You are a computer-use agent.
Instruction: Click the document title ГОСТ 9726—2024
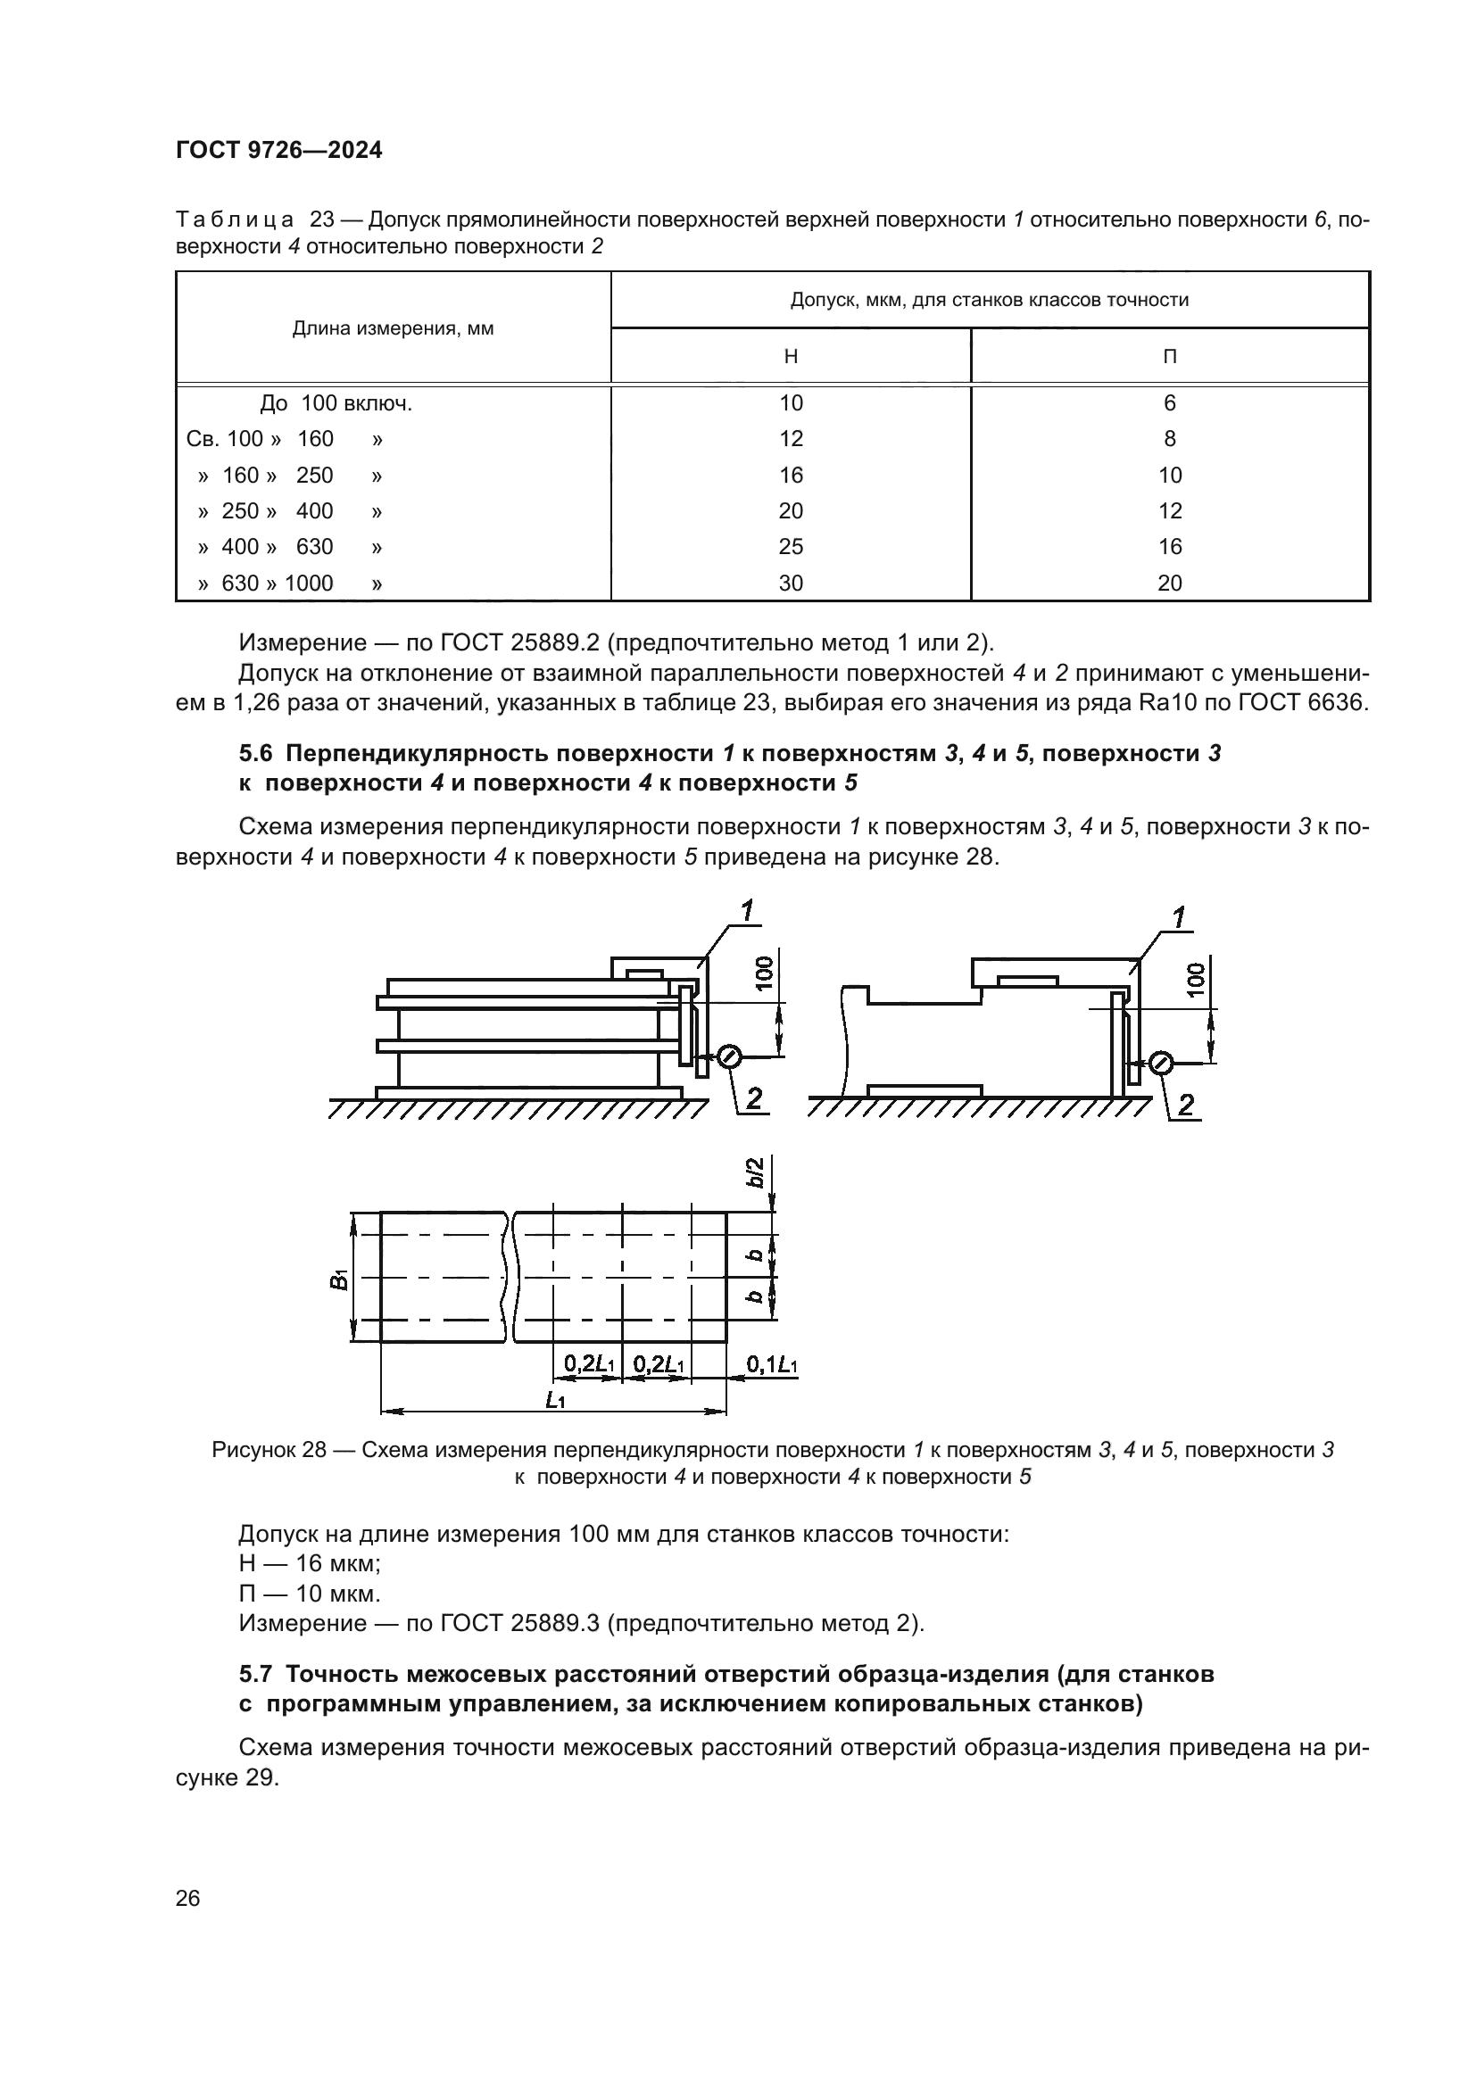coord(278,151)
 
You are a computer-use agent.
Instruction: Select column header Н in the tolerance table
coord(790,356)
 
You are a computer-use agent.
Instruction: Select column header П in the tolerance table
coord(1169,356)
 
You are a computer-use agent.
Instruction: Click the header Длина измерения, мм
coord(393,329)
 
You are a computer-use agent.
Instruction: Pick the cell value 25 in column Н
coord(790,546)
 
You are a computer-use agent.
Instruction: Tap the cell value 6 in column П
coord(1169,402)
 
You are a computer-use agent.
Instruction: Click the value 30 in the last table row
coord(790,583)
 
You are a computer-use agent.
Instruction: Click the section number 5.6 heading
coord(257,754)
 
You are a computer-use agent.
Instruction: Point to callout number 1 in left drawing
coord(747,911)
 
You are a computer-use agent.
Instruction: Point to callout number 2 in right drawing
coord(1185,1105)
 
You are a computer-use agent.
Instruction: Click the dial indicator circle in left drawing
coord(730,1056)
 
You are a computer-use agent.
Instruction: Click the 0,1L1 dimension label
coord(772,1364)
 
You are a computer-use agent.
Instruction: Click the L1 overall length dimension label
coord(554,1401)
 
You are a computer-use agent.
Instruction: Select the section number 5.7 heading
coord(257,1673)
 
